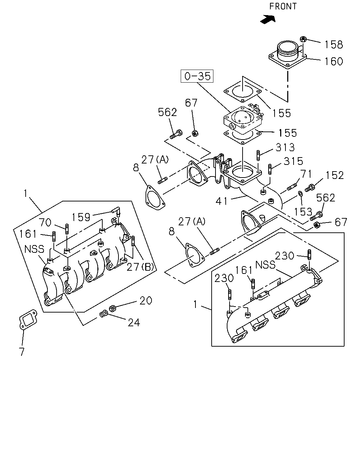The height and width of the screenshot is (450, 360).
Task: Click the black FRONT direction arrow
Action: coord(268,19)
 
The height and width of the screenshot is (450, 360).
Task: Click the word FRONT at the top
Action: coord(283,6)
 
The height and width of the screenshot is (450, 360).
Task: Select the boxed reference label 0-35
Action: coord(197,76)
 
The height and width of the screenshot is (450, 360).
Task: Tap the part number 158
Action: coord(334,45)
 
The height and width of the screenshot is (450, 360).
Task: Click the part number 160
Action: coord(334,62)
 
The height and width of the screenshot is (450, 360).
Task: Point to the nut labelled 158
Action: coord(303,39)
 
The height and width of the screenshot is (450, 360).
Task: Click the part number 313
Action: coord(285,147)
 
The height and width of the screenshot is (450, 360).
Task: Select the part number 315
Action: coord(293,161)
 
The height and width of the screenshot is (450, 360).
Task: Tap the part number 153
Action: coord(303,212)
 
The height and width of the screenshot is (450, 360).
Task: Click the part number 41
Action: coord(221,201)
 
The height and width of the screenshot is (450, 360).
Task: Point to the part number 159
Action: coord(81,217)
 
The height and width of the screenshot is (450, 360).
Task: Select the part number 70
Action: coord(45,223)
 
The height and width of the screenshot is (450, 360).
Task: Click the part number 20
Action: coord(146,301)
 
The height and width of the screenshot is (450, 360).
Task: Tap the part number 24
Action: coord(134,322)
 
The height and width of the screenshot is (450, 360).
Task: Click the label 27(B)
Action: coord(140,267)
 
